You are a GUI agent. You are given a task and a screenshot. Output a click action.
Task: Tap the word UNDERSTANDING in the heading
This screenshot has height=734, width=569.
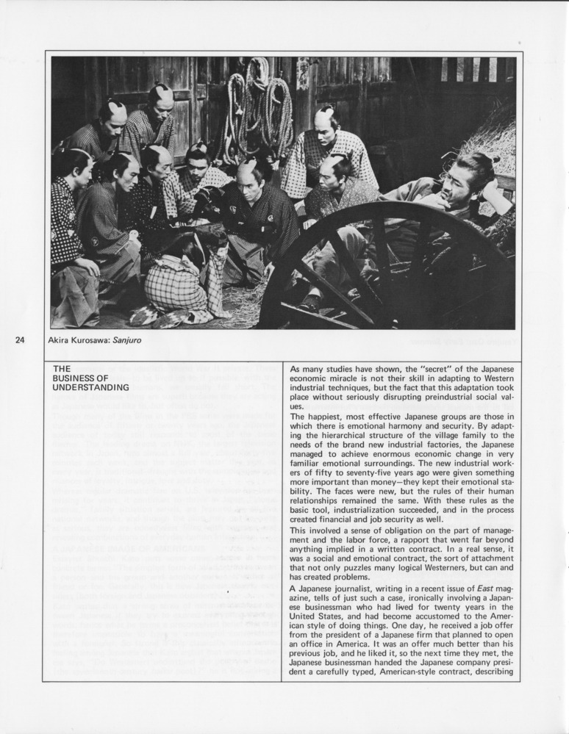92,387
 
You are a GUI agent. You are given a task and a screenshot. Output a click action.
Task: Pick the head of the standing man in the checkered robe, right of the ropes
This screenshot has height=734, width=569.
326,123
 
